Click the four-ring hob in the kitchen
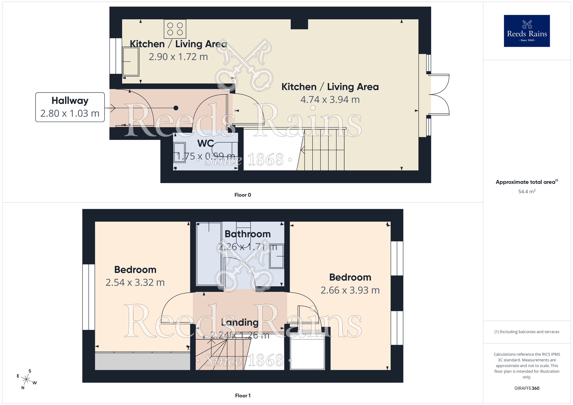[x=175, y=29]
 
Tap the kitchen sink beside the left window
[x=131, y=61]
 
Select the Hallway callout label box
[x=70, y=107]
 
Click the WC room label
[x=205, y=143]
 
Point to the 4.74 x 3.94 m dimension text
[x=330, y=100]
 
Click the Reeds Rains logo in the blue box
[x=527, y=31]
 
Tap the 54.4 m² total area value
[x=527, y=192]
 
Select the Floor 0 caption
[x=243, y=195]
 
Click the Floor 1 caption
[x=243, y=396]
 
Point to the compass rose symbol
[x=26, y=380]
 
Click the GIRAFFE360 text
[x=527, y=388]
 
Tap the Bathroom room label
[x=248, y=234]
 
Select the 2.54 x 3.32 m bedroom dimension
[x=135, y=283]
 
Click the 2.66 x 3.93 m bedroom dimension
[x=350, y=290]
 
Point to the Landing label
[x=240, y=323]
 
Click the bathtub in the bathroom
[x=209, y=253]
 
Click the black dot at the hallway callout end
[x=176, y=108]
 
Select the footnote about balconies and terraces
[x=527, y=332]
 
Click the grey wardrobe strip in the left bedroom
[x=142, y=361]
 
